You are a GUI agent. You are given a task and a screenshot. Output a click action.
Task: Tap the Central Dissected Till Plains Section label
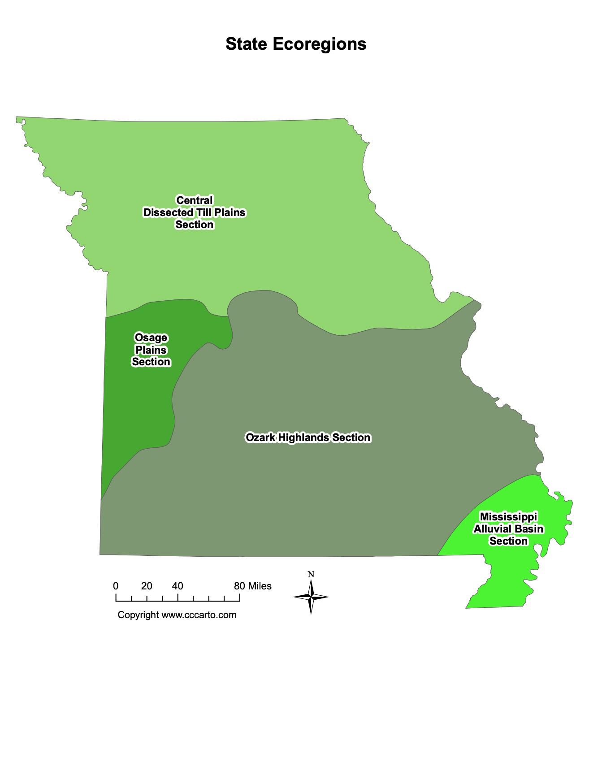pyautogui.click(x=194, y=212)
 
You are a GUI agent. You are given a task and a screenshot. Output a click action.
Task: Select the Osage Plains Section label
pyautogui.click(x=151, y=350)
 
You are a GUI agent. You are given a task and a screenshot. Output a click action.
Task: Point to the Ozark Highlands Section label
pyautogui.click(x=308, y=437)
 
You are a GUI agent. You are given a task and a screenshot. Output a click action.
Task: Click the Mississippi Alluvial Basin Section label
pyautogui.click(x=508, y=529)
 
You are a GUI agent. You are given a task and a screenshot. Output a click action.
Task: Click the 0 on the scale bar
pyautogui.click(x=116, y=586)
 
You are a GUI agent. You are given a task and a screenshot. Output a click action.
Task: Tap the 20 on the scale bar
pyautogui.click(x=147, y=586)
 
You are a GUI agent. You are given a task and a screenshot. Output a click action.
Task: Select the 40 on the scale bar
pyautogui.click(x=178, y=586)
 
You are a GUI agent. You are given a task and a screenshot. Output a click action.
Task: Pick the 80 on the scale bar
pyautogui.click(x=239, y=586)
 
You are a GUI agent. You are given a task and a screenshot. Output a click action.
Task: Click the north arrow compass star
pyautogui.click(x=311, y=597)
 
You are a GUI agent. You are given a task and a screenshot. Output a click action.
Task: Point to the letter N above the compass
pyautogui.click(x=311, y=574)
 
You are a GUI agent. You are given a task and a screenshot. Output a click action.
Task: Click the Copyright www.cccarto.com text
pyautogui.click(x=177, y=615)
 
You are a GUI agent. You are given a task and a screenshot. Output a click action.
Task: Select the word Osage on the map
pyautogui.click(x=151, y=338)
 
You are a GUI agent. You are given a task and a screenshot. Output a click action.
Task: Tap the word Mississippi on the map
pyautogui.click(x=508, y=517)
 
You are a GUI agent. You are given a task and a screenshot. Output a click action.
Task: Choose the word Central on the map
pyautogui.click(x=194, y=200)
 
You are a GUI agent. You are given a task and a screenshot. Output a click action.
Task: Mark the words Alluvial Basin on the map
pyautogui.click(x=508, y=529)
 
